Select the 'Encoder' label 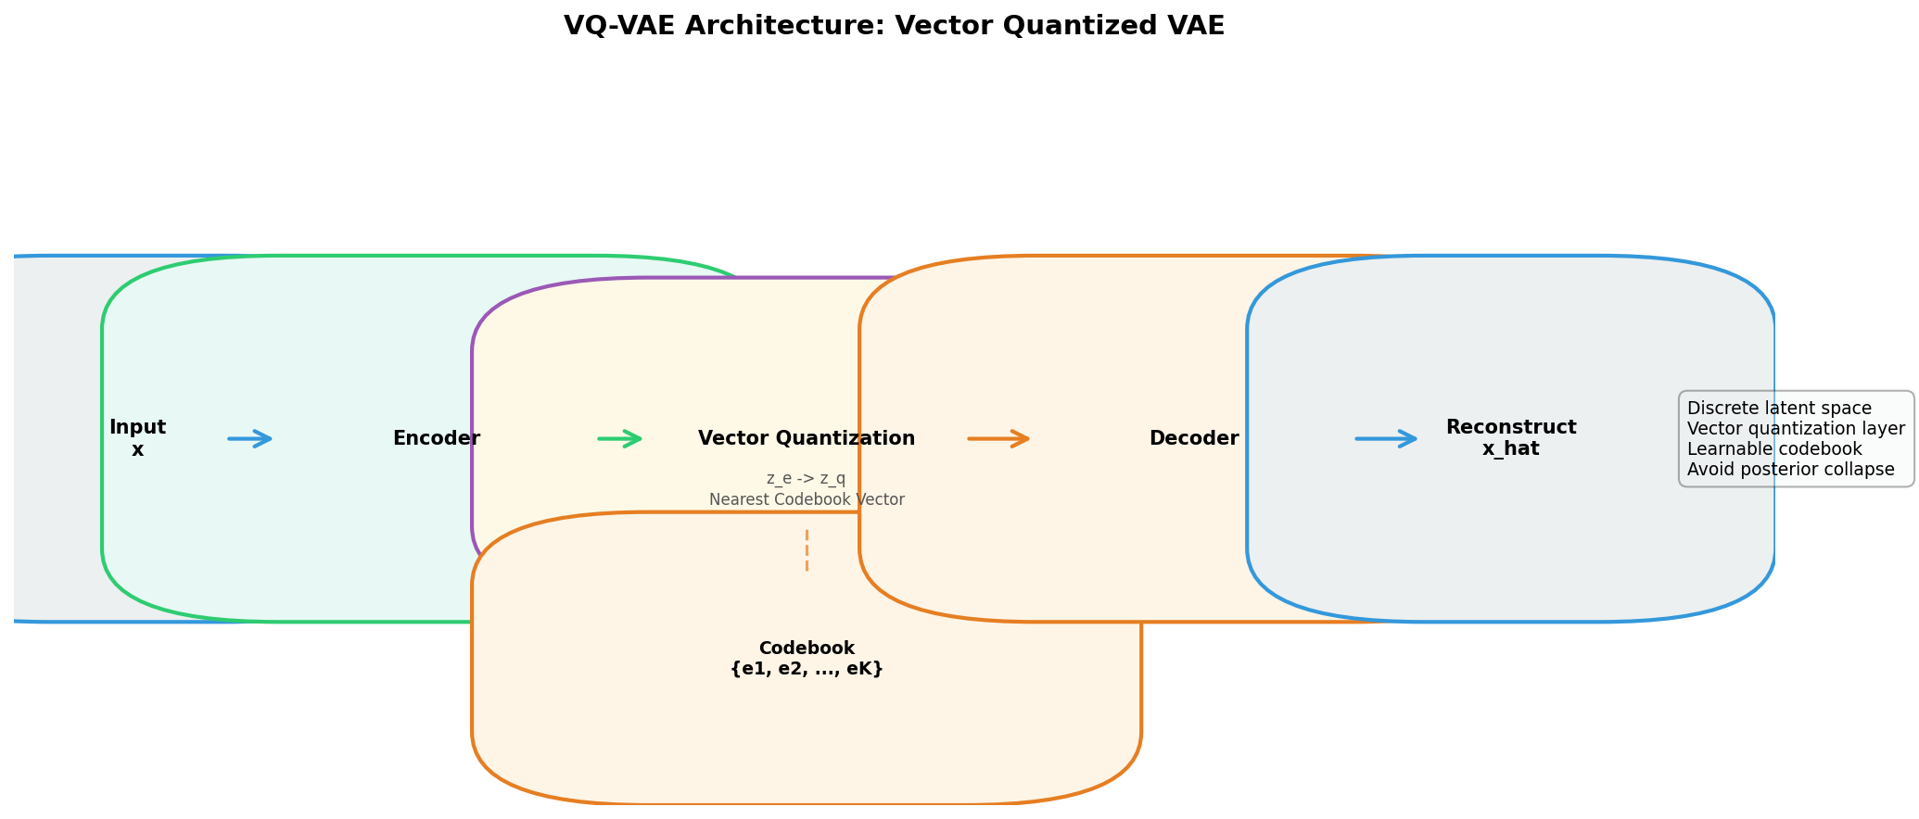pos(436,438)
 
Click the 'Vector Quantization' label pos(807,438)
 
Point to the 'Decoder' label pos(1194,438)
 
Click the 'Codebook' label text pos(807,649)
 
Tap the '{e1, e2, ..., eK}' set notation pos(807,669)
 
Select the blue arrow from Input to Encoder pos(250,438)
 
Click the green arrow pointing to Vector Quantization pos(620,438)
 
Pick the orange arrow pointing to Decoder pos(998,438)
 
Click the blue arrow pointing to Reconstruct pos(1386,438)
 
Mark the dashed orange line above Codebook pos(807,549)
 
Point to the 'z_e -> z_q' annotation pos(807,479)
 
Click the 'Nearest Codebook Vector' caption pos(807,500)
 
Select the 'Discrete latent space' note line pos(1779,409)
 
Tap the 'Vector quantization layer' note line pos(1796,429)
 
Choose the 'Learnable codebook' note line pos(1774,449)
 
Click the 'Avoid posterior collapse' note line pos(1790,470)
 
